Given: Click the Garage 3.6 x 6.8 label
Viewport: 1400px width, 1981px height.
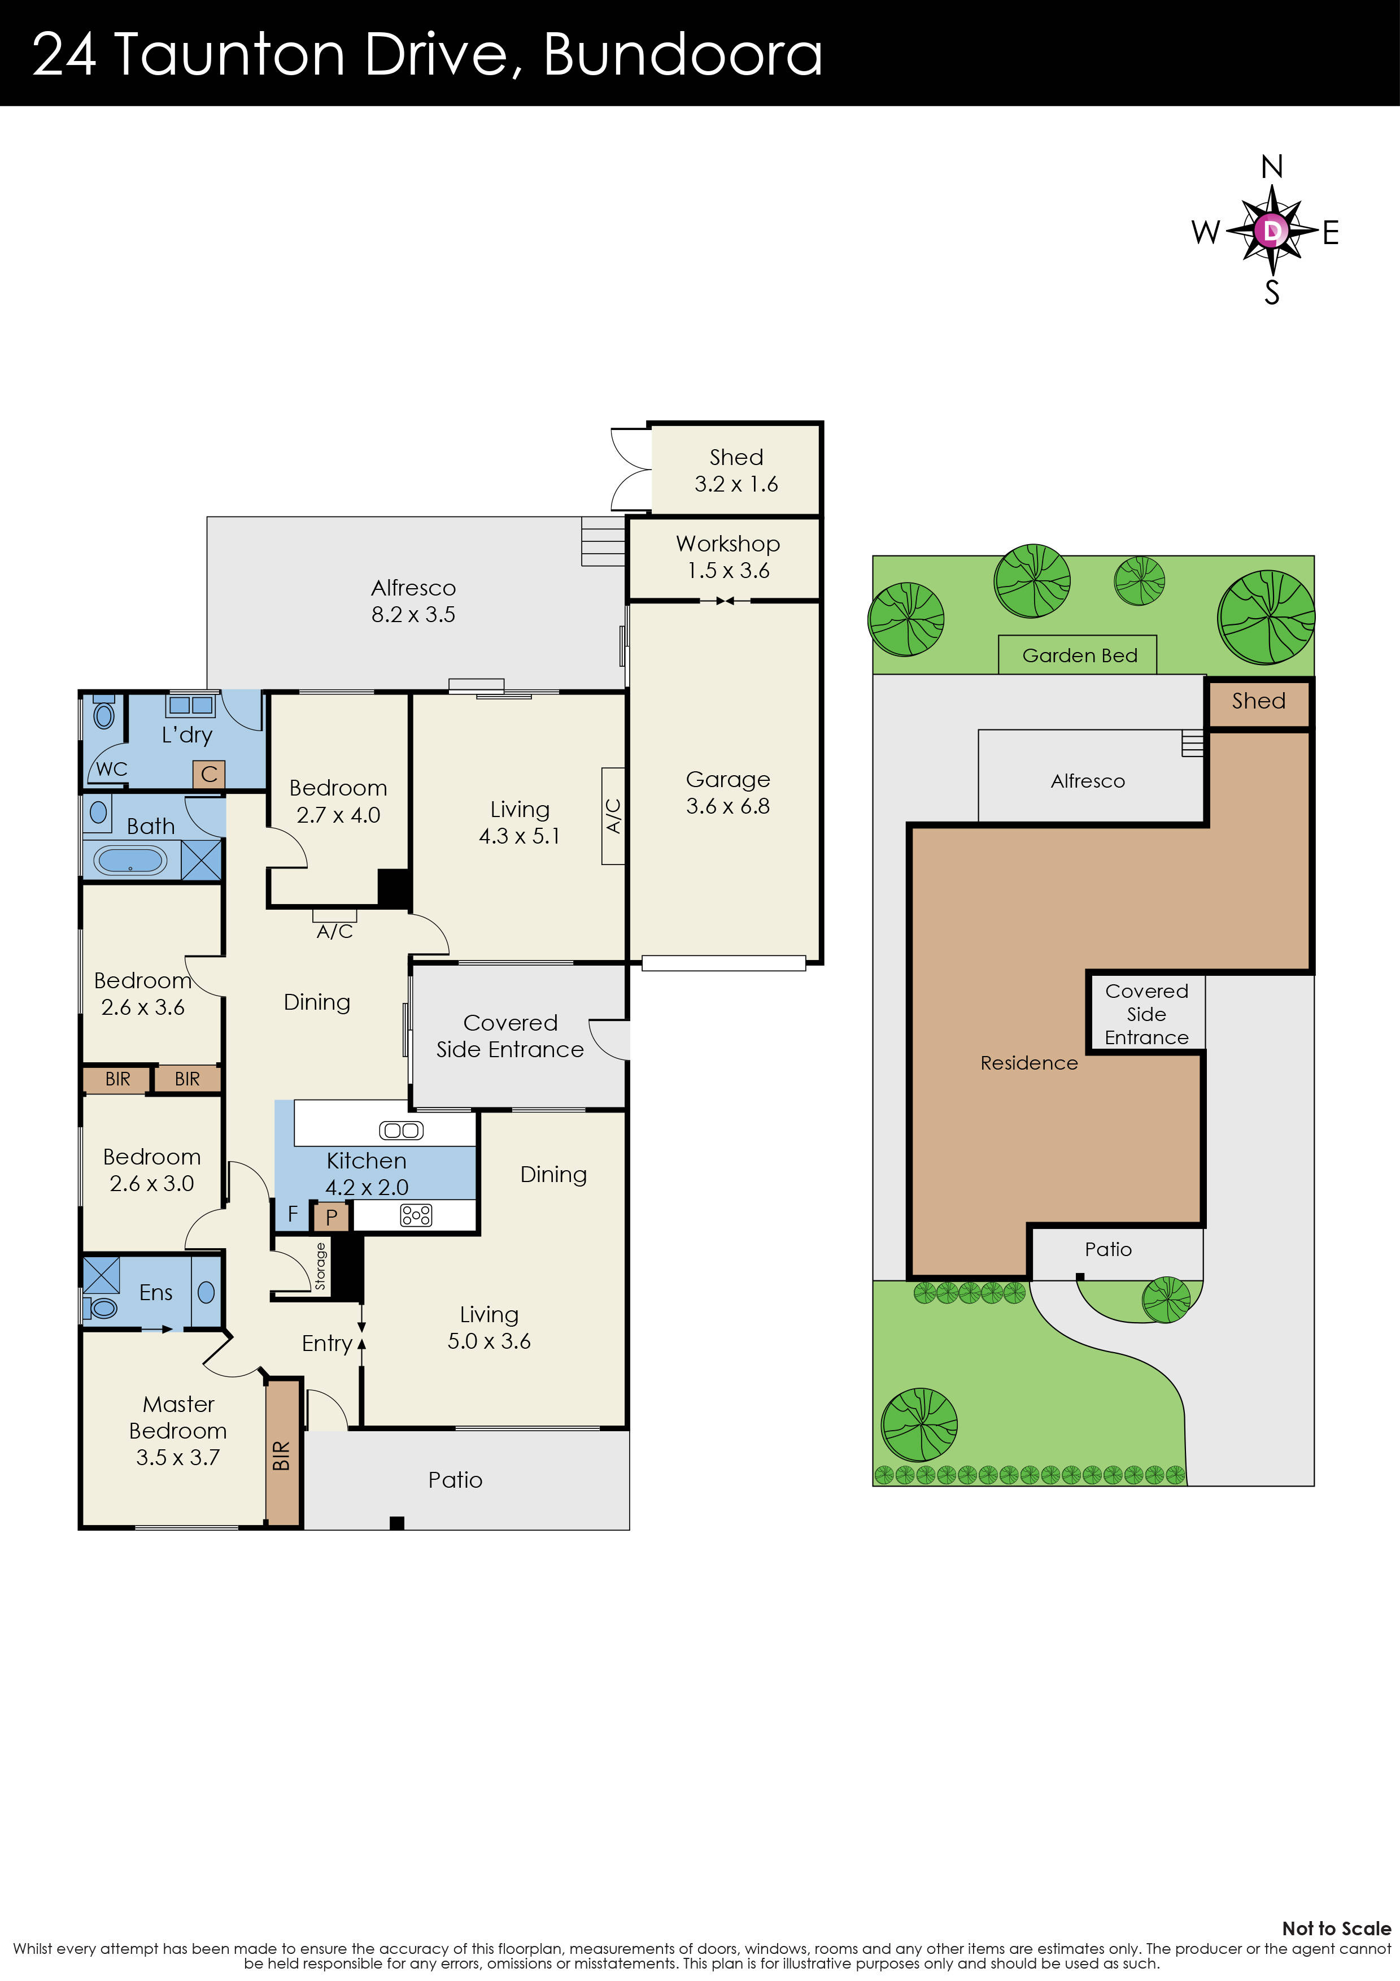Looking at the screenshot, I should (x=727, y=792).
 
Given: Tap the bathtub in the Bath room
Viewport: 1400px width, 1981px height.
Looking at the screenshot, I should (x=129, y=860).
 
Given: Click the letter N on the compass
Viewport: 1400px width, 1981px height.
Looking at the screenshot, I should (x=1271, y=167).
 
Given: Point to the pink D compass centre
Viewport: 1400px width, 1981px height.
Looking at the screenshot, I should (x=1271, y=231).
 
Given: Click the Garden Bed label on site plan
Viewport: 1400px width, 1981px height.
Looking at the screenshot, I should (x=1079, y=656).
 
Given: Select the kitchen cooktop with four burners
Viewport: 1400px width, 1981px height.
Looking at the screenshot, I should (x=416, y=1216).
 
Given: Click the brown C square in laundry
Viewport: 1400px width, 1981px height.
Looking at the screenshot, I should (x=209, y=774).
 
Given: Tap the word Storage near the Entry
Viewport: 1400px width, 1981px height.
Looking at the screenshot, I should (x=321, y=1266).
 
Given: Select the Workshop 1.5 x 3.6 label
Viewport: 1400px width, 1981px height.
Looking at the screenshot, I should (x=727, y=557).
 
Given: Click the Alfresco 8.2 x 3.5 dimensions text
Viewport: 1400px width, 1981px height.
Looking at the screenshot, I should (x=413, y=614).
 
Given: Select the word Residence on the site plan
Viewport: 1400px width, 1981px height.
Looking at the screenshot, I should (x=1028, y=1063).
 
